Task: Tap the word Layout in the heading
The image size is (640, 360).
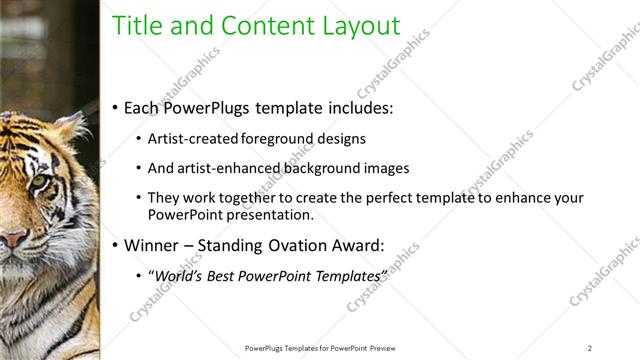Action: pos(359,26)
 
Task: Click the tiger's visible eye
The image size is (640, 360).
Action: pos(39,181)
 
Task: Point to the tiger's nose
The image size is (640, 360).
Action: pos(12,238)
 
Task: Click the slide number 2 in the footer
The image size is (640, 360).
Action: pos(590,347)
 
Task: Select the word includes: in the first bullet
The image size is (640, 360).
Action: pos(358,107)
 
